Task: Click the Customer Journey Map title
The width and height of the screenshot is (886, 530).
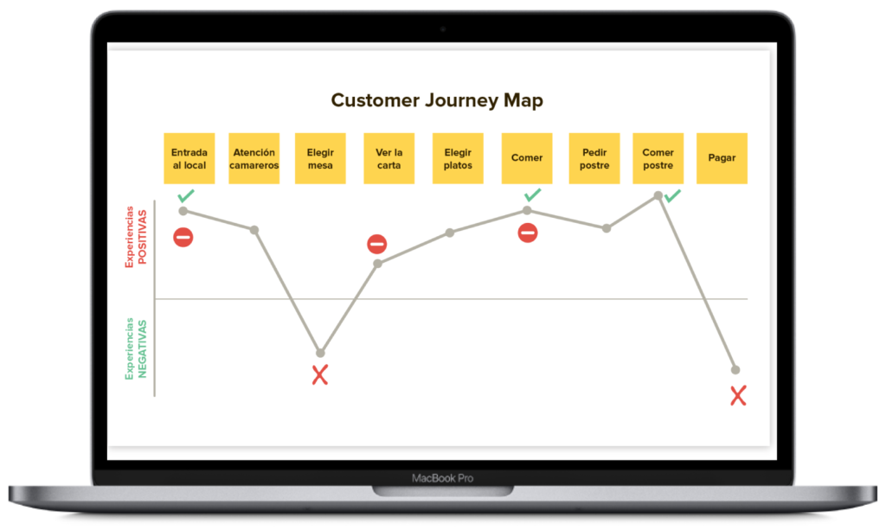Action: click(x=437, y=100)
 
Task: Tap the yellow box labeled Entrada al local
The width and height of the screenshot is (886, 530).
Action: click(x=189, y=158)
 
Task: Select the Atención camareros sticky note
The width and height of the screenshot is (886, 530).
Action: click(x=254, y=158)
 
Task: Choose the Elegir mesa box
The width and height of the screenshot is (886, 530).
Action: click(x=320, y=158)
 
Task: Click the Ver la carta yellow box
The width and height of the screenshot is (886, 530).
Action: click(x=388, y=158)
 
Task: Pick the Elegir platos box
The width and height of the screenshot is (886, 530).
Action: click(x=458, y=158)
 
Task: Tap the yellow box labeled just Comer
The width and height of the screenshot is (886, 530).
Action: click(x=527, y=158)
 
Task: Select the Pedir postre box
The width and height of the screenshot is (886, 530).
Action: click(x=594, y=158)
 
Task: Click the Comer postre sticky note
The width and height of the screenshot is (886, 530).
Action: click(x=658, y=158)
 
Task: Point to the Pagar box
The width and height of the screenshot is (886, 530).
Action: click(x=722, y=158)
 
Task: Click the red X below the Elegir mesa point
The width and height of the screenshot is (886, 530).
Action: click(x=320, y=375)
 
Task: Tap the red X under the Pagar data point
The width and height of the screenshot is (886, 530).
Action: click(x=738, y=396)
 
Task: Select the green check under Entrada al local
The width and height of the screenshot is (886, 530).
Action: click(x=186, y=196)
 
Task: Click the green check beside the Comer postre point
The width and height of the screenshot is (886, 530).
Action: click(x=672, y=196)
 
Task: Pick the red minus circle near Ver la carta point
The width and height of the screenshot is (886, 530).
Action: click(x=377, y=244)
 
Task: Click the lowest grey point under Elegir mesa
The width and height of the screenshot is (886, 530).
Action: click(x=320, y=353)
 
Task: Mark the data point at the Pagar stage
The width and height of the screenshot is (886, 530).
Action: click(x=735, y=370)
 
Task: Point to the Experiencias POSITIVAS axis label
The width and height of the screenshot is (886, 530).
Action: click(x=137, y=237)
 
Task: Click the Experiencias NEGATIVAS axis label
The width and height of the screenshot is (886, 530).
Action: click(x=137, y=349)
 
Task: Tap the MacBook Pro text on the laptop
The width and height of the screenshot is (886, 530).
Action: click(x=442, y=478)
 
